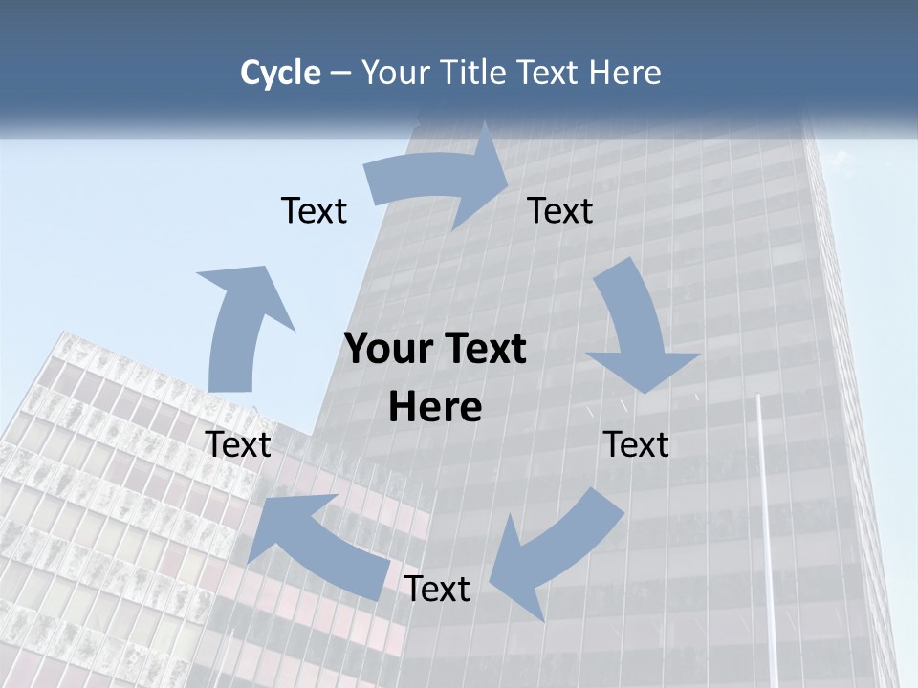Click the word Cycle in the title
point(280,73)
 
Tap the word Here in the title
point(625,73)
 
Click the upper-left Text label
point(314,210)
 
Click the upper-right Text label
point(560,210)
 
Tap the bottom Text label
point(437,589)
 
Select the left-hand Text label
point(238,444)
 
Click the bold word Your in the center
point(386,350)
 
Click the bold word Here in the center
point(435,407)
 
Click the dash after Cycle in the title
point(340,73)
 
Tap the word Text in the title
point(553,73)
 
